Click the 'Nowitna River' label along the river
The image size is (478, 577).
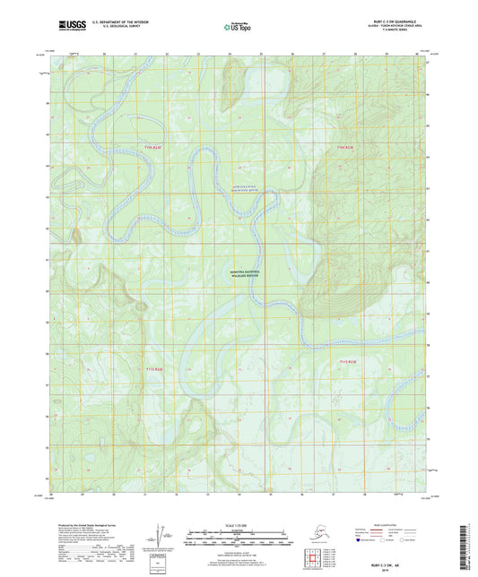tap(209, 188)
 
